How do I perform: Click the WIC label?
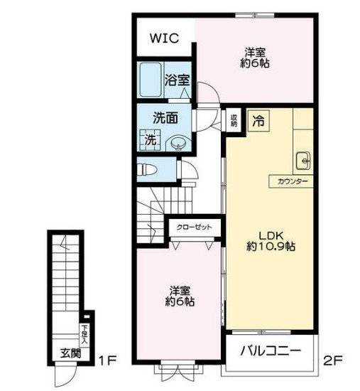coord(163,38)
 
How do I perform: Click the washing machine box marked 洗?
coord(151,140)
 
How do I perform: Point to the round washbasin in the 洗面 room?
coord(177,144)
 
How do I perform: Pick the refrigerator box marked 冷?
coord(258,121)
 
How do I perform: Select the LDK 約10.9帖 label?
coord(271,242)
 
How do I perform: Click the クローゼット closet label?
coord(194,227)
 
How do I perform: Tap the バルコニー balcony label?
coord(270,351)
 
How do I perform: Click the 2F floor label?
coord(334,360)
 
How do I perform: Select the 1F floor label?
coord(107,360)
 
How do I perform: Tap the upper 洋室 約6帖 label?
coord(256,57)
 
